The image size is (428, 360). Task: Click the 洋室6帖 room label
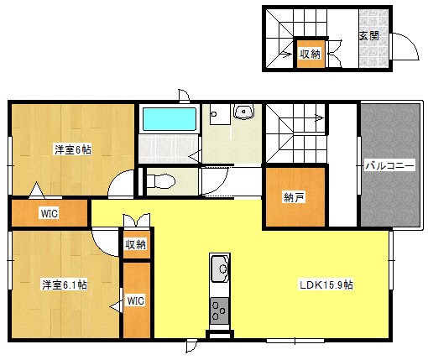click(73, 149)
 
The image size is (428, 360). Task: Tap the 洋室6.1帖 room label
click(65, 284)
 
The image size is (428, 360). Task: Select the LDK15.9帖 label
click(326, 284)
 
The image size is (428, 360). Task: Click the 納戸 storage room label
click(293, 198)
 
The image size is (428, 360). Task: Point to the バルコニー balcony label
click(389, 166)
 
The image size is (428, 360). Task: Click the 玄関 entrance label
click(368, 35)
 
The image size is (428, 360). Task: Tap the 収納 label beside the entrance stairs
click(310, 54)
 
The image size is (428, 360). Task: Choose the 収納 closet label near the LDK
click(136, 244)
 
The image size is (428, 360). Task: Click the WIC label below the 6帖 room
click(49, 214)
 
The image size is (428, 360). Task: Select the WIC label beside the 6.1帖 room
click(136, 300)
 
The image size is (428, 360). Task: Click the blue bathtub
click(168, 119)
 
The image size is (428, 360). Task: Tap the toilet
click(160, 180)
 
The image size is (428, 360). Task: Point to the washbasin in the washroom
click(244, 113)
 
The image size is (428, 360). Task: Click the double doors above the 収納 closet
click(137, 221)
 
